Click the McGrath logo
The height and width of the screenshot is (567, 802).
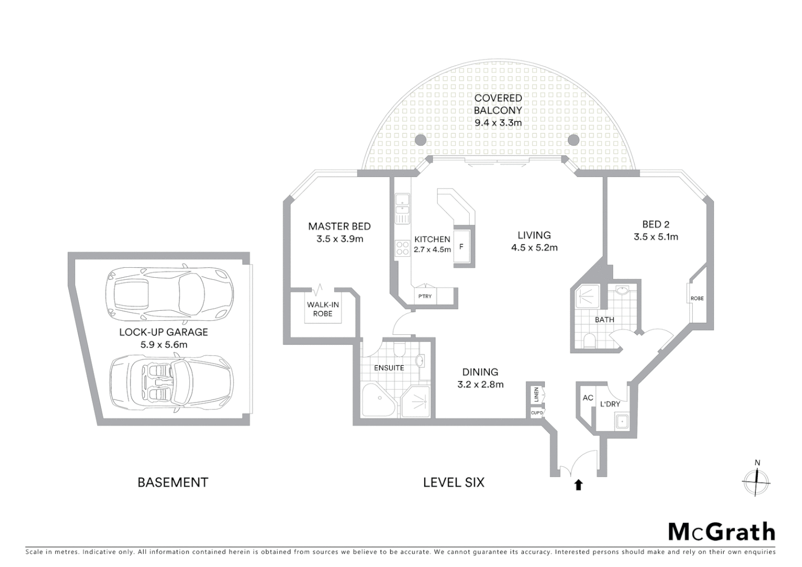point(721,532)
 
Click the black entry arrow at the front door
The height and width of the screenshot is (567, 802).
point(578,485)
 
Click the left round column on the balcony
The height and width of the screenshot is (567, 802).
point(420,140)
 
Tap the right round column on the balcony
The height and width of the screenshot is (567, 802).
point(573,140)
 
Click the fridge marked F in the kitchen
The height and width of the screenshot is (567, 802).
point(462,246)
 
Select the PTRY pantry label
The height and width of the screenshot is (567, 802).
point(425,296)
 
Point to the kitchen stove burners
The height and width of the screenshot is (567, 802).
point(403,248)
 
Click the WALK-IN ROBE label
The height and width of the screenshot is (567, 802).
point(323,309)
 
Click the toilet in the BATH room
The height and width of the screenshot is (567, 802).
point(589,341)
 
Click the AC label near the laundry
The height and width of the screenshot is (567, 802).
point(587,398)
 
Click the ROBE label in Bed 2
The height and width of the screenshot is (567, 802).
point(697,298)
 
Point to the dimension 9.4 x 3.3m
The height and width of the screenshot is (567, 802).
point(498,123)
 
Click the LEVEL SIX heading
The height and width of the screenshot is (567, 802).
point(453,482)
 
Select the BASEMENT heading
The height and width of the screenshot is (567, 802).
point(173,482)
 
